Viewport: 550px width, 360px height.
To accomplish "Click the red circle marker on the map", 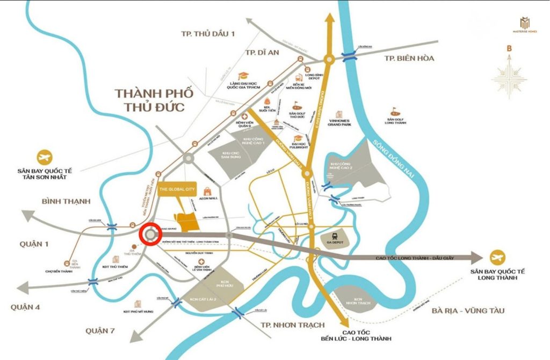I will (x=150, y=235).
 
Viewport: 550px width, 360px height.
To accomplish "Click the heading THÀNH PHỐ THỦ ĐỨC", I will (x=149, y=100).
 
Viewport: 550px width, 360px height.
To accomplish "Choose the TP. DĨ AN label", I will (x=264, y=52).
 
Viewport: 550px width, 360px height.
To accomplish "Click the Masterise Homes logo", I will (x=524, y=25).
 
